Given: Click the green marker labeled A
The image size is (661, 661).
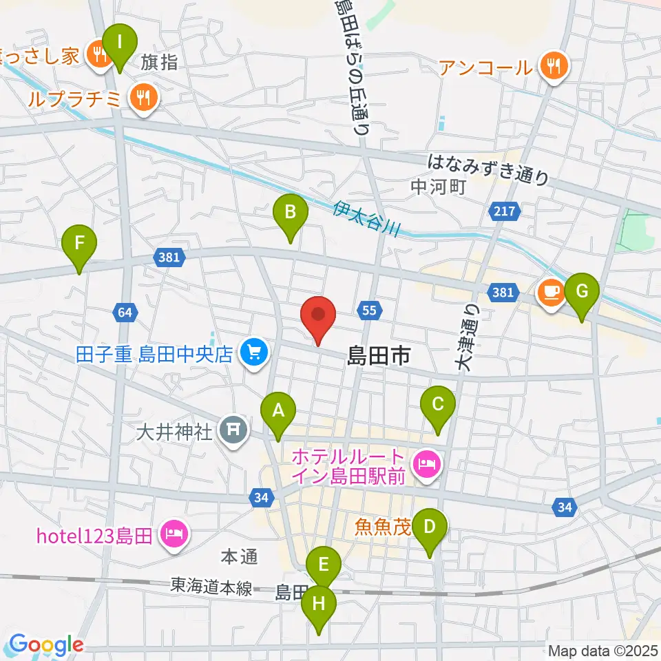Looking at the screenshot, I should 278,411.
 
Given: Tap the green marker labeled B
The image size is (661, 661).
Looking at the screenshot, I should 290,213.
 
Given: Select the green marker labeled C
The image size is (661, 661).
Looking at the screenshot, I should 437,405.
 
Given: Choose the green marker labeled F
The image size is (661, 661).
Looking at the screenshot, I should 79,243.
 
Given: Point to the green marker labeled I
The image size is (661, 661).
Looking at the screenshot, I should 120,43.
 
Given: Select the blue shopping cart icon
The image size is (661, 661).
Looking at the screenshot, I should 254,353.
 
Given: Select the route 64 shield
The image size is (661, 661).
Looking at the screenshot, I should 124,313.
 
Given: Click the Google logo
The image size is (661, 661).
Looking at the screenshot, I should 46,645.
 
